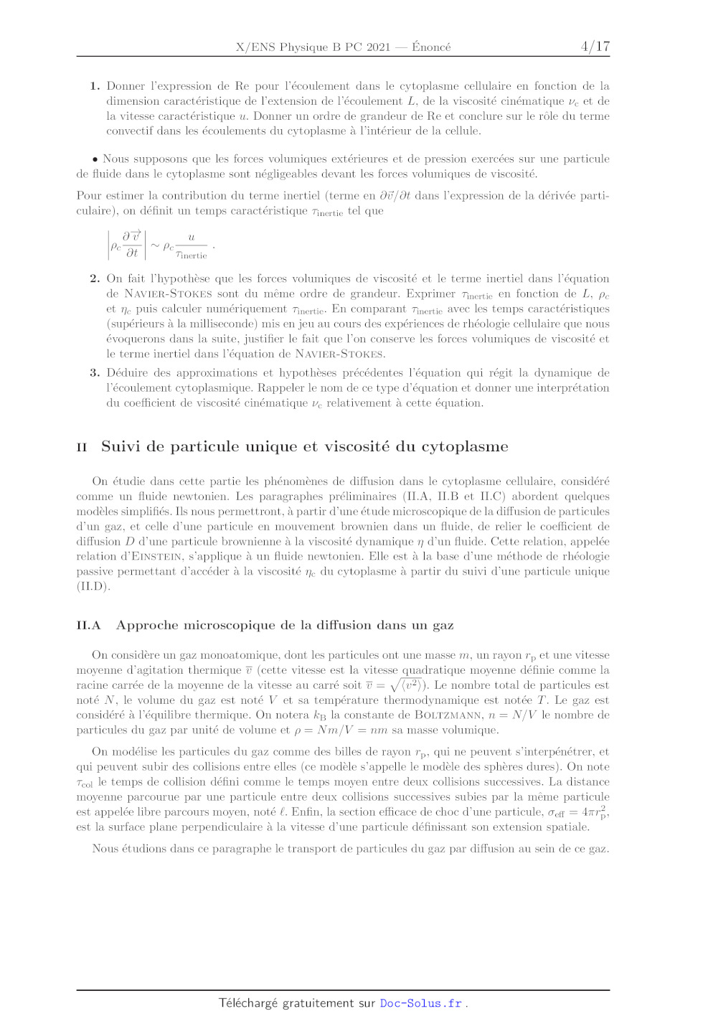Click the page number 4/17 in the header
pos(595,47)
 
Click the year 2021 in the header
pos(378,47)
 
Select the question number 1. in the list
pos(95,86)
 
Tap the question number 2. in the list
pos(95,278)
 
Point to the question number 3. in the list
pos(95,372)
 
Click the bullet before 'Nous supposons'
pos(95,159)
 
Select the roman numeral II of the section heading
pos(82,447)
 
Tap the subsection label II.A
pos(88,625)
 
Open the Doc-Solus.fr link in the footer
pos(420,1003)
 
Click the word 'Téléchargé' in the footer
pos(247,1003)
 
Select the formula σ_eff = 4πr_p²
pos(578,812)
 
